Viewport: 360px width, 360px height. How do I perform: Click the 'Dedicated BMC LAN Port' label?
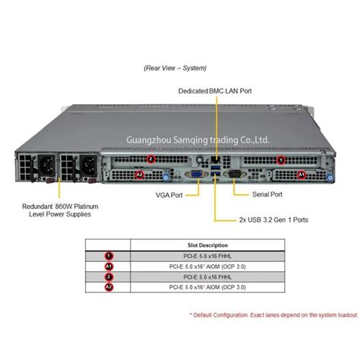coord(216,90)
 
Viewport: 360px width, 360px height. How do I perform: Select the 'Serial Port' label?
coord(267,194)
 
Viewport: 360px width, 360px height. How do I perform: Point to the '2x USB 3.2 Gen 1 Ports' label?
coord(274,222)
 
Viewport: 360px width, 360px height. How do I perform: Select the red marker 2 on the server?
coord(151,159)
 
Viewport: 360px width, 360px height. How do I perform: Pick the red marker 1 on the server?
coord(281,159)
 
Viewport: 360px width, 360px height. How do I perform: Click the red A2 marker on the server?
coord(139,175)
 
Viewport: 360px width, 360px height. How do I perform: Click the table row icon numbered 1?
coord(109,256)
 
